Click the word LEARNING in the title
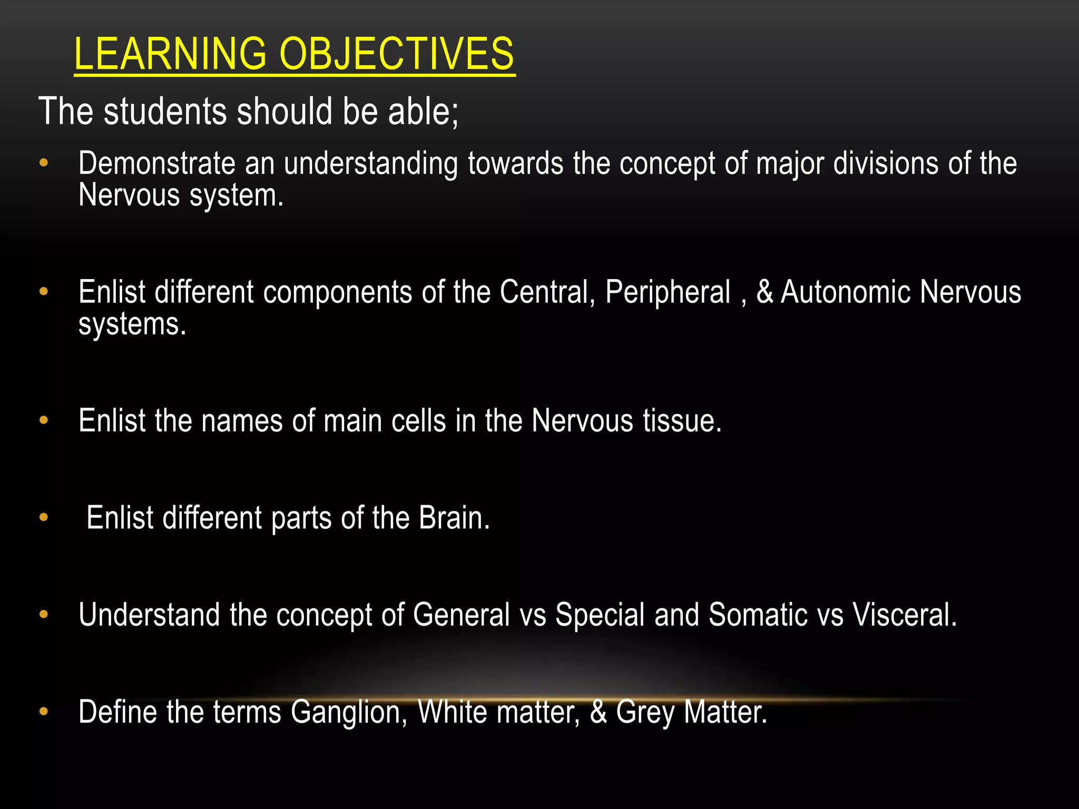(170, 54)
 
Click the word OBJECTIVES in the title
(396, 54)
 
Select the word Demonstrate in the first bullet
(156, 163)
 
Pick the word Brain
(454, 518)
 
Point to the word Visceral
(904, 615)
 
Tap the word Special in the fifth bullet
(600, 615)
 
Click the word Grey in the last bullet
(645, 712)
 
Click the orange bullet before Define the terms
(44, 712)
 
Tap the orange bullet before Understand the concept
(44, 614)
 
